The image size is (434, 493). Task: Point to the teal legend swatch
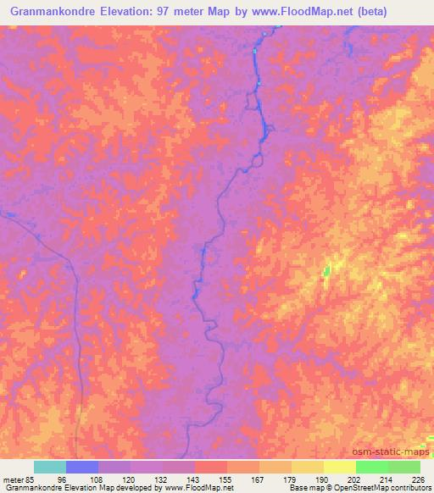pos(50,467)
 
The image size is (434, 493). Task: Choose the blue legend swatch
pos(82,467)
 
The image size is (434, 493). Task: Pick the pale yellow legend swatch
pos(339,467)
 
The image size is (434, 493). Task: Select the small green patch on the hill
pos(326,271)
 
